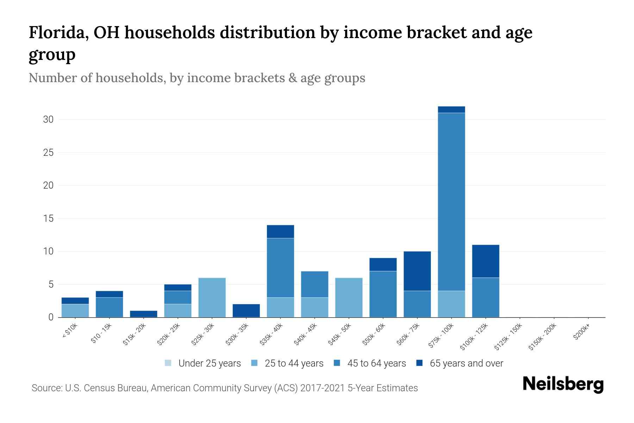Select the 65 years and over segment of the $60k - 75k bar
pos(417,271)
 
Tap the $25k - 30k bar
pos(212,298)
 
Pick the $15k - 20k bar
pos(144,314)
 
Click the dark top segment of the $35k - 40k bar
pos(280,232)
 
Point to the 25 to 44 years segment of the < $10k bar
pos(75,311)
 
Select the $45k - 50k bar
pos(349,298)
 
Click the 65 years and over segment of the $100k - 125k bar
pos(485,261)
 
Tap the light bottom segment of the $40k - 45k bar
pos(315,307)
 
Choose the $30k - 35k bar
pos(246,311)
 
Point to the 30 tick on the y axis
pos(48,119)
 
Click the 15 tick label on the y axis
pos(48,219)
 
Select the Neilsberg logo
pos(563,384)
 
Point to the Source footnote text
pos(225,388)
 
